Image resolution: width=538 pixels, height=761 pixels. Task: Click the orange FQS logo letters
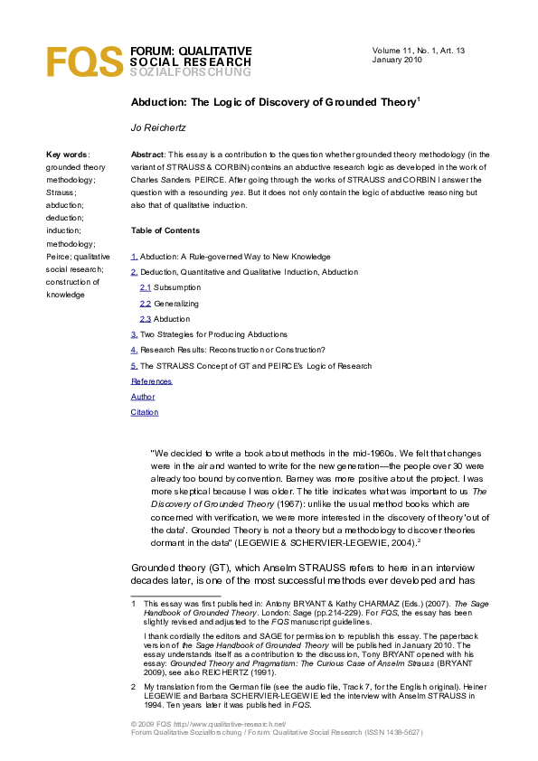[84, 61]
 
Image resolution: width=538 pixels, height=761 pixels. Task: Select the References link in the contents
[151, 381]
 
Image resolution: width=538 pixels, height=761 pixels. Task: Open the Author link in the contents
[143, 397]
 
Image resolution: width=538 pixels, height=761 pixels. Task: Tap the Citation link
[145, 412]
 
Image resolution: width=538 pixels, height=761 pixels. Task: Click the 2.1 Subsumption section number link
[145, 287]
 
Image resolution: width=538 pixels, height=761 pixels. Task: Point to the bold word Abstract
[147, 155]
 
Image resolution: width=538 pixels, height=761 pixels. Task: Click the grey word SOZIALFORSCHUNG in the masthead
[190, 72]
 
